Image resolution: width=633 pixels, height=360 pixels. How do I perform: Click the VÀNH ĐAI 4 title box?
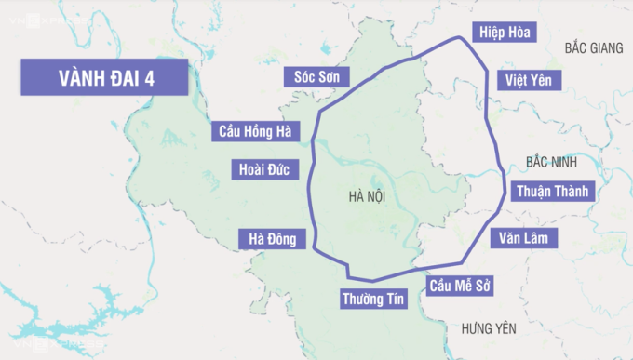pos(104,78)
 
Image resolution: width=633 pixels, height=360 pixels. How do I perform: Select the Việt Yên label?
pos(528,80)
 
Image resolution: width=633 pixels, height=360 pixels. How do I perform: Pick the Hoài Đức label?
pos(263,169)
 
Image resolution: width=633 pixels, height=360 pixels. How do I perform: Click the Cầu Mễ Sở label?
pos(459,285)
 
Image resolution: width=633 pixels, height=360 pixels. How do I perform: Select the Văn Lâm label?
pos(524,238)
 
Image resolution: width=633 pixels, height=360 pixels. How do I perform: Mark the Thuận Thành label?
pos(552,193)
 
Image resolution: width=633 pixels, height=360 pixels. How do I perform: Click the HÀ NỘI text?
pos(367,196)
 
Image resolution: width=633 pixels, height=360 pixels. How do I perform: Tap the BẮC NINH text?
pos(551,162)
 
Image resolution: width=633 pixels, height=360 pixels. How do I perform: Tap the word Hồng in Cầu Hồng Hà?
pos(261,131)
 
